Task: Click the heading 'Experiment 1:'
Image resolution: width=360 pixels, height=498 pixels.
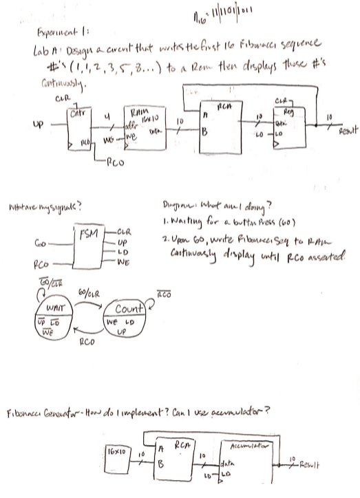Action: pyautogui.click(x=50, y=31)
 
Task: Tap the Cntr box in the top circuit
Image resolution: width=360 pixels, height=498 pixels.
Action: pyautogui.click(x=80, y=124)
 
